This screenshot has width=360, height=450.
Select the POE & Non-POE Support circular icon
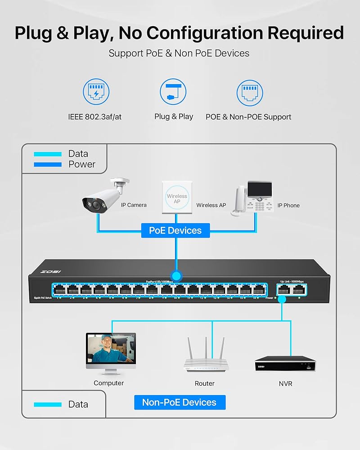click(x=250, y=93)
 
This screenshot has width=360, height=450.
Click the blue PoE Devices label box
click(x=175, y=230)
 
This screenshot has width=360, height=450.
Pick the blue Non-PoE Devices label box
click(x=180, y=402)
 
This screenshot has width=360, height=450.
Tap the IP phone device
click(x=254, y=198)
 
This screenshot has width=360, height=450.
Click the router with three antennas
click(x=205, y=355)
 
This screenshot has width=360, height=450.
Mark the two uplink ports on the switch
click(x=290, y=289)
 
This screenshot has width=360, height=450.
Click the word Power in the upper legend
click(x=82, y=164)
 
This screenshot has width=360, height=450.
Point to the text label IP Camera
click(x=134, y=205)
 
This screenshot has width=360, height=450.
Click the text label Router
click(x=205, y=383)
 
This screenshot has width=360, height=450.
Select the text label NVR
click(x=285, y=383)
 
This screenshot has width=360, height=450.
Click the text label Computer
click(x=108, y=383)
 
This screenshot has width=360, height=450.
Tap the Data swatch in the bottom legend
click(x=48, y=404)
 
